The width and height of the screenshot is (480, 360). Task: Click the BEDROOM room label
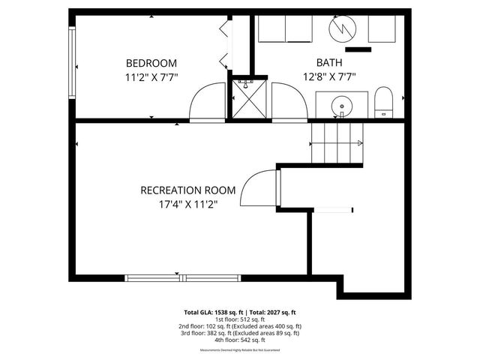click(x=151, y=63)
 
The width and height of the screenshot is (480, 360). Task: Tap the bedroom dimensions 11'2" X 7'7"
click(x=151, y=76)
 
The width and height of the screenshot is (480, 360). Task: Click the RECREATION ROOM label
click(x=188, y=190)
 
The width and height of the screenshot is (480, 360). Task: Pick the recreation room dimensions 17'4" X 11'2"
click(x=188, y=203)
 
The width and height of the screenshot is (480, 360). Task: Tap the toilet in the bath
click(x=383, y=102)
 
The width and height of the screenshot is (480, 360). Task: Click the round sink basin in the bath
click(x=342, y=105)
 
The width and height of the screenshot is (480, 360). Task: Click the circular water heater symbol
click(x=342, y=29)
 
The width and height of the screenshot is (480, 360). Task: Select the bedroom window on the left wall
click(x=73, y=64)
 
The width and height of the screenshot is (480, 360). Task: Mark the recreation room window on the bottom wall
click(x=184, y=278)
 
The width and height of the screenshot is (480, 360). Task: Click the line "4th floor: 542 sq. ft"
click(x=240, y=340)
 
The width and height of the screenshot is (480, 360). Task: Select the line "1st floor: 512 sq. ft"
click(x=240, y=319)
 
